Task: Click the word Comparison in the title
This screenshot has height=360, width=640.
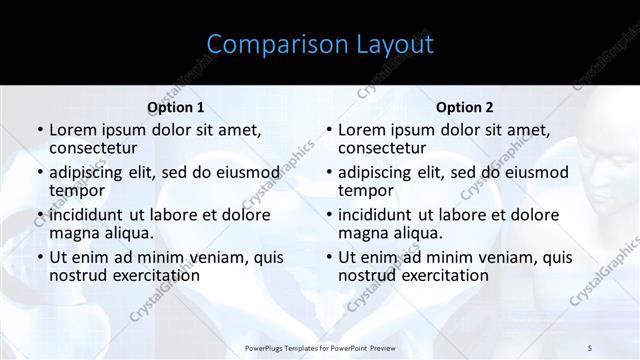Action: (x=263, y=44)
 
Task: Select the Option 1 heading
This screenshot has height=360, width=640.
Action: (x=175, y=107)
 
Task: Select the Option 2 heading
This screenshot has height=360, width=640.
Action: (x=465, y=107)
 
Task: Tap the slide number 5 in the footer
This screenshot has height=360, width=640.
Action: (x=590, y=347)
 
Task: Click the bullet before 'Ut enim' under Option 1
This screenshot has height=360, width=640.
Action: (x=39, y=257)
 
